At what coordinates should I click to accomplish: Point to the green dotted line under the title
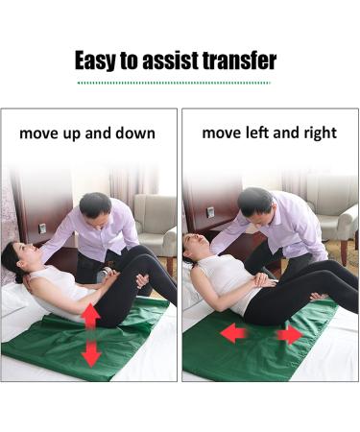click(180, 83)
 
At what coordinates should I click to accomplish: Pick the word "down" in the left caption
click(133, 133)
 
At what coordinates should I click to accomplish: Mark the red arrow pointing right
click(289, 336)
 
